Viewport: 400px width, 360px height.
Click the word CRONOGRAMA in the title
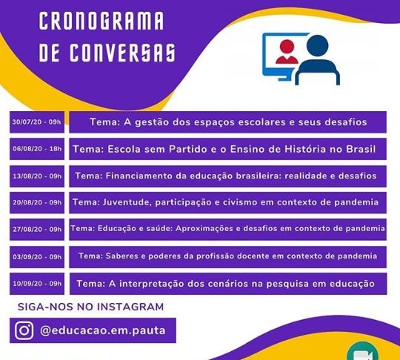coord(101,21)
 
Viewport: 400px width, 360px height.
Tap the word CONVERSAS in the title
coord(123,53)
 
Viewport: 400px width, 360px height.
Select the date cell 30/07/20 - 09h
coord(37,122)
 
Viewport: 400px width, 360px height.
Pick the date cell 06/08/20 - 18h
coord(37,149)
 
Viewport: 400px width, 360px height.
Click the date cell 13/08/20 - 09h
coord(37,176)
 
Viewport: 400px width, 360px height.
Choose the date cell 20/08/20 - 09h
coord(37,202)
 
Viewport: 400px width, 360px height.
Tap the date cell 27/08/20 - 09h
coord(37,230)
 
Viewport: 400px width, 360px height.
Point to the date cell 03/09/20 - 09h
coord(37,257)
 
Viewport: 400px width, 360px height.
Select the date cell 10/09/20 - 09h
coord(37,284)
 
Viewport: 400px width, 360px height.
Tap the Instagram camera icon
coord(24,330)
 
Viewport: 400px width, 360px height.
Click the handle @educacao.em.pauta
coord(103,330)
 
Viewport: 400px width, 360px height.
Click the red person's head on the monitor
coord(287,47)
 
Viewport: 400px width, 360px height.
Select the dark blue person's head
coord(317,46)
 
